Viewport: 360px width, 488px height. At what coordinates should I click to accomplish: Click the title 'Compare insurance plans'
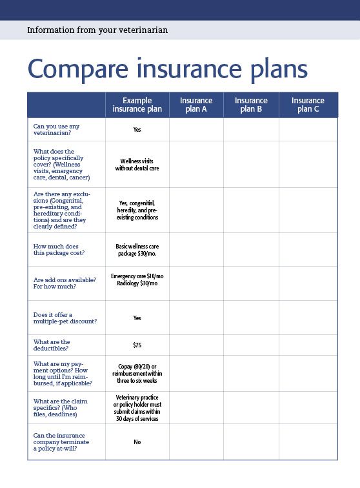click(x=167, y=69)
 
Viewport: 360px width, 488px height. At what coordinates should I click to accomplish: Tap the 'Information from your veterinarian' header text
click(x=97, y=30)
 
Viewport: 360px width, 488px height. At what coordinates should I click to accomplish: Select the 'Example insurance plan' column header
click(x=137, y=105)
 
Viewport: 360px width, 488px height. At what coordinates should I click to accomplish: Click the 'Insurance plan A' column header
click(x=196, y=105)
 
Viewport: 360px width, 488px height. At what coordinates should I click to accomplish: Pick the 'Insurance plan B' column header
click(x=251, y=105)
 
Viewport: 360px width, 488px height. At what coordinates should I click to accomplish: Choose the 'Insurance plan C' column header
click(x=308, y=105)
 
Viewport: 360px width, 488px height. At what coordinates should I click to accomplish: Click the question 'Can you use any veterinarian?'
click(x=57, y=129)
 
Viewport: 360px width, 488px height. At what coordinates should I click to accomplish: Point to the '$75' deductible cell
click(x=137, y=345)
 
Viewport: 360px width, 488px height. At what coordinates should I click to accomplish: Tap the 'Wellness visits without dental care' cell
click(x=137, y=164)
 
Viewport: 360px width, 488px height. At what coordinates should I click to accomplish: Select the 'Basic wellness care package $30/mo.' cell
click(x=137, y=249)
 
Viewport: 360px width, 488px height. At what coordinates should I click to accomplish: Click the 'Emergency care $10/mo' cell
click(x=137, y=276)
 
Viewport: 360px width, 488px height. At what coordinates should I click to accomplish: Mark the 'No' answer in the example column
click(x=137, y=442)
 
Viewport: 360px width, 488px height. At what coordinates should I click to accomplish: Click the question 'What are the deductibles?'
click(x=52, y=345)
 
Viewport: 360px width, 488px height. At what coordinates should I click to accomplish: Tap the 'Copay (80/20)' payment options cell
click(x=137, y=373)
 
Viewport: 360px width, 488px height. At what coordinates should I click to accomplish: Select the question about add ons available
click(x=64, y=283)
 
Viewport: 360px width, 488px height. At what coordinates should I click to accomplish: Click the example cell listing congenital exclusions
click(x=137, y=210)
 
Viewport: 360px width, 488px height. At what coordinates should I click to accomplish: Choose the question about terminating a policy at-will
click(x=61, y=442)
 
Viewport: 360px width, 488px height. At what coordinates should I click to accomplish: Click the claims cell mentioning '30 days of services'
click(x=137, y=408)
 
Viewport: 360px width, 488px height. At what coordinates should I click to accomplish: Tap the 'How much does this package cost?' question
click(x=59, y=249)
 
